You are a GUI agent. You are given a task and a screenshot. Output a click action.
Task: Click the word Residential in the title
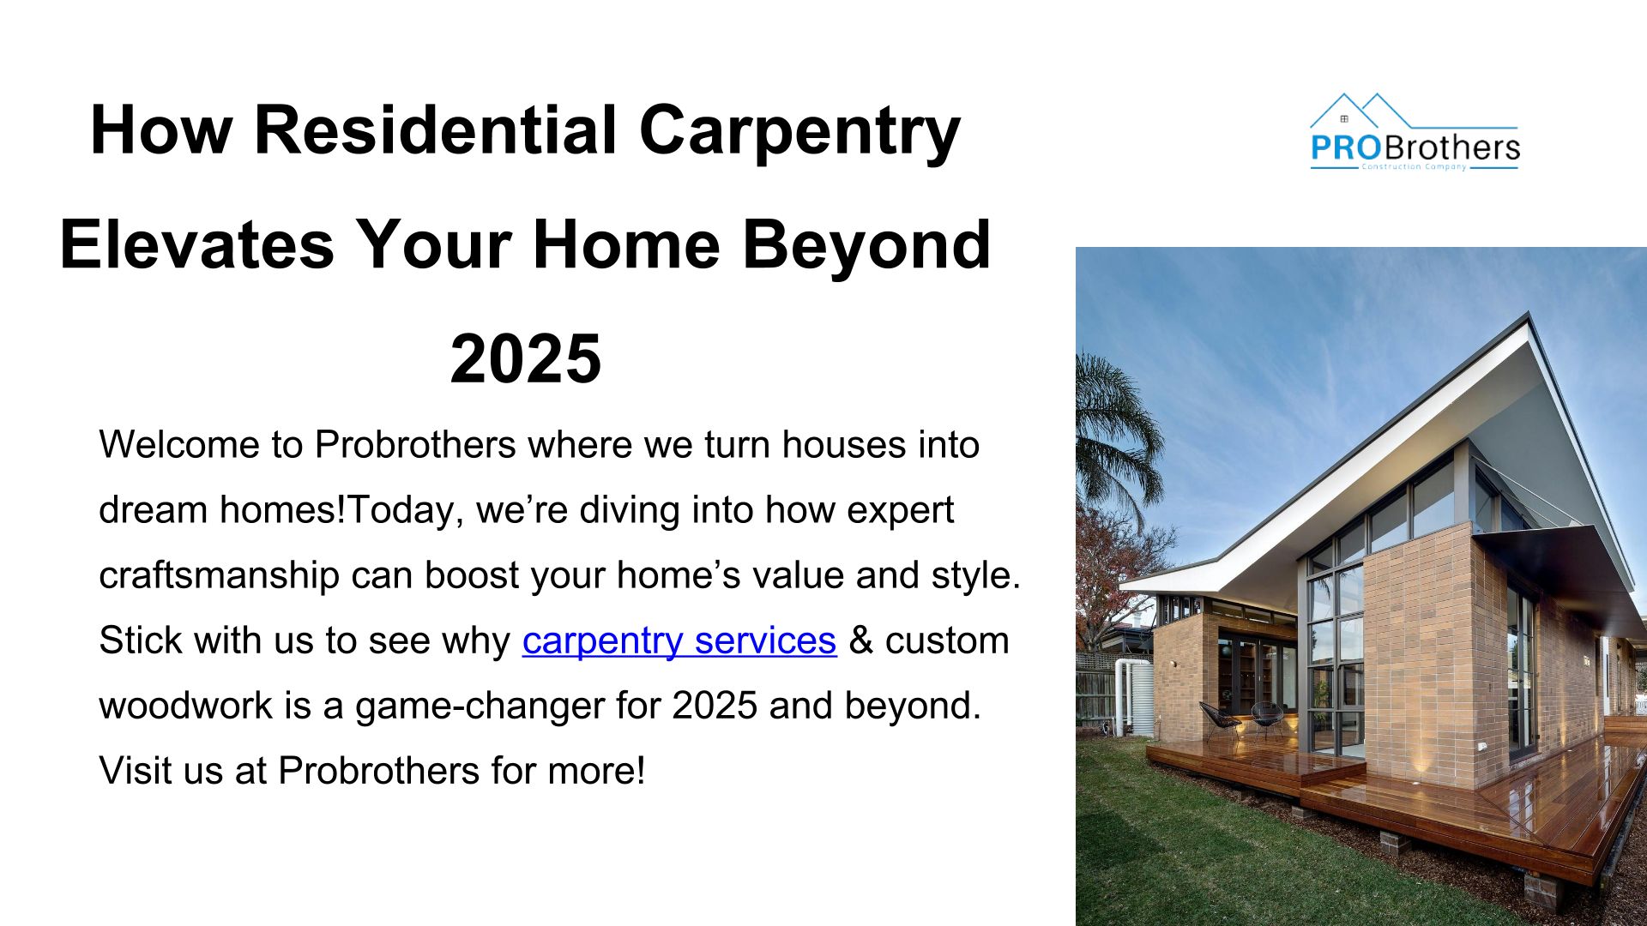tap(436, 130)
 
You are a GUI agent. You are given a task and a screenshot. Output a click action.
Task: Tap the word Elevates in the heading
tap(196, 244)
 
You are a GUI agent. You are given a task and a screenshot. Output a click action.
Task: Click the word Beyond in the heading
tap(866, 248)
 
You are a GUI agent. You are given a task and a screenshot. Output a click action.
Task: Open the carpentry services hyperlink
tap(679, 641)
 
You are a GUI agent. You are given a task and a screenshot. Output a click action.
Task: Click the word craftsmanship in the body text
tap(220, 576)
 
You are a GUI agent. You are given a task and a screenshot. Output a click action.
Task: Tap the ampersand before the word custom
tap(860, 640)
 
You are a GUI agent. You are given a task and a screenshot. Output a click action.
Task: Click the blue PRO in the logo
tap(1345, 147)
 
